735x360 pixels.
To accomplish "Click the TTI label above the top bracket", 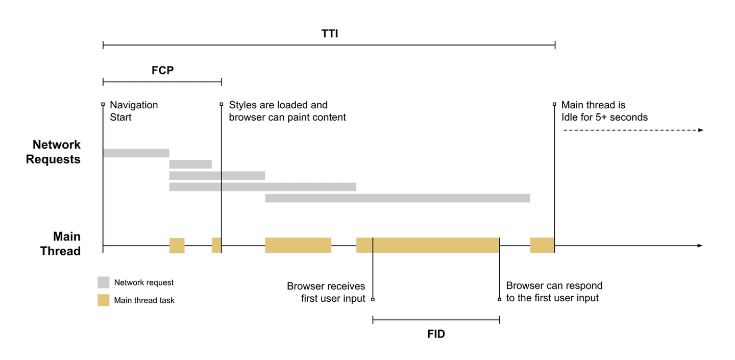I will click(x=330, y=34).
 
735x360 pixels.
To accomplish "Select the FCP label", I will click(x=163, y=70).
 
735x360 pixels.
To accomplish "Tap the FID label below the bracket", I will click(x=436, y=334).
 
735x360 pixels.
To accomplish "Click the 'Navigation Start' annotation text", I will click(x=134, y=111).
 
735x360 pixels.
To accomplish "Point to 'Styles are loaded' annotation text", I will click(x=287, y=111).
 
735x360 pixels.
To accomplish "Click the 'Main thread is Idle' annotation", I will click(x=604, y=111).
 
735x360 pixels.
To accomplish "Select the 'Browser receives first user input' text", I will click(x=326, y=292).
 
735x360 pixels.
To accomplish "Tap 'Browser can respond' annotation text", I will click(x=554, y=292).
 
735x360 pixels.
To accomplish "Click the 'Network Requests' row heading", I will click(x=53, y=152).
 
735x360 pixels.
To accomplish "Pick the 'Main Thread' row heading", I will click(x=60, y=244).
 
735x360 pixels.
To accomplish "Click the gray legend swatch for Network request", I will click(x=104, y=282).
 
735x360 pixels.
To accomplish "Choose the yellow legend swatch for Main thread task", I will click(x=104, y=300).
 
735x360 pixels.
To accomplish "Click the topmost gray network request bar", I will click(x=136, y=153).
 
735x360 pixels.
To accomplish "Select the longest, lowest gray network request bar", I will click(x=398, y=198).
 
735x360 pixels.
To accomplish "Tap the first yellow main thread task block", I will click(x=177, y=245).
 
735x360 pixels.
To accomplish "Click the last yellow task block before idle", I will click(x=542, y=245).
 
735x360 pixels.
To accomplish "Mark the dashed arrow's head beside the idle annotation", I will click(x=701, y=130).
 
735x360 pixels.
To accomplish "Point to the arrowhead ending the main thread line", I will click(x=700, y=246).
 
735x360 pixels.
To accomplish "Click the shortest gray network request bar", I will click(x=190, y=164).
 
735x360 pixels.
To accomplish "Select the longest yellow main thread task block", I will click(x=428, y=245).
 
